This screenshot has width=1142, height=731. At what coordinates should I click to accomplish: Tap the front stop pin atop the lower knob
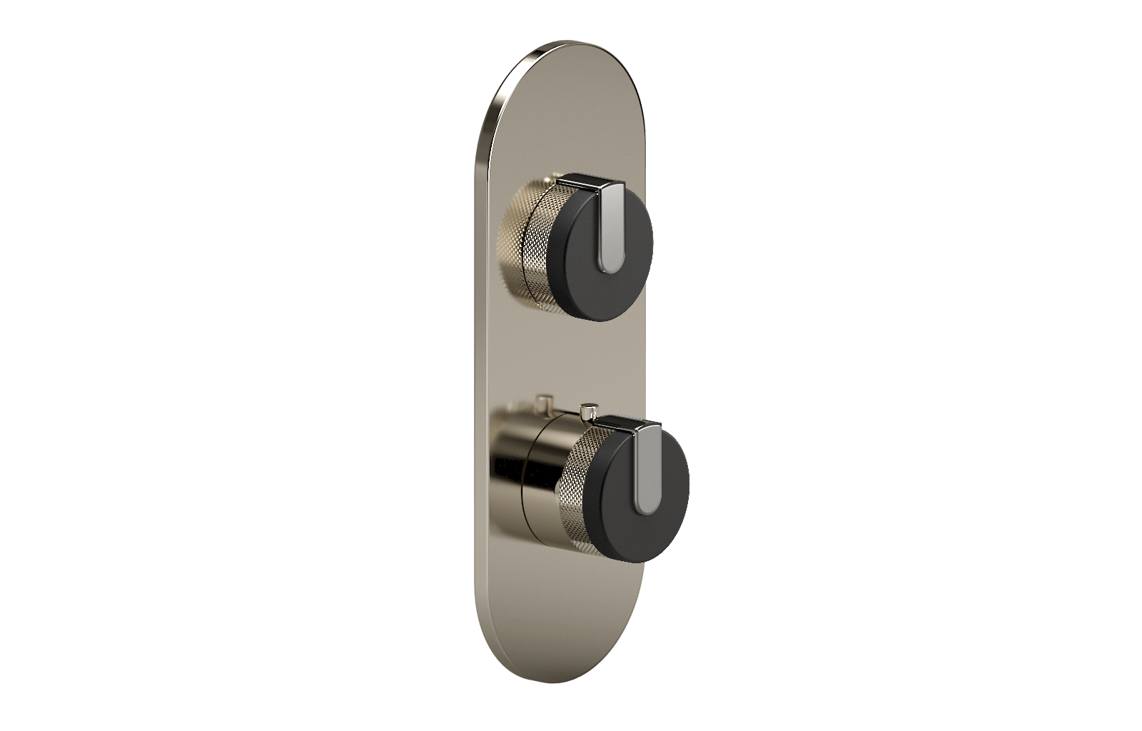click(x=588, y=412)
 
